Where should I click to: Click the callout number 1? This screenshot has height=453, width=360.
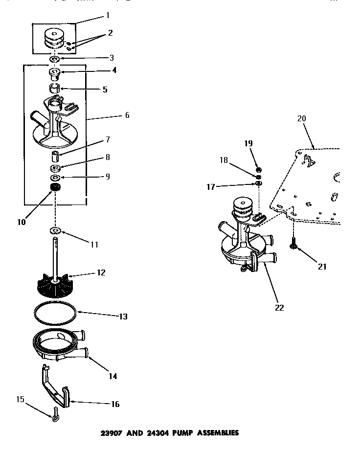(x=108, y=16)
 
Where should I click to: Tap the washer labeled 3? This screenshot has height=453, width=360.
(x=55, y=59)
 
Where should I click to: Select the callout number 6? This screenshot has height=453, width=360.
(x=127, y=115)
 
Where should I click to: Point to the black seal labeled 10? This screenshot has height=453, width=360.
(x=55, y=188)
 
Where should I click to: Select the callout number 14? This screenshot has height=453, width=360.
(x=113, y=376)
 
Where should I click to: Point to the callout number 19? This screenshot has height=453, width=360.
(x=248, y=143)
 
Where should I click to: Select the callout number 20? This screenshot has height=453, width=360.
(x=301, y=118)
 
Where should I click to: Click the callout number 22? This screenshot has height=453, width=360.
(x=280, y=307)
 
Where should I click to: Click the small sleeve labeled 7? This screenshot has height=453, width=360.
(x=55, y=157)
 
